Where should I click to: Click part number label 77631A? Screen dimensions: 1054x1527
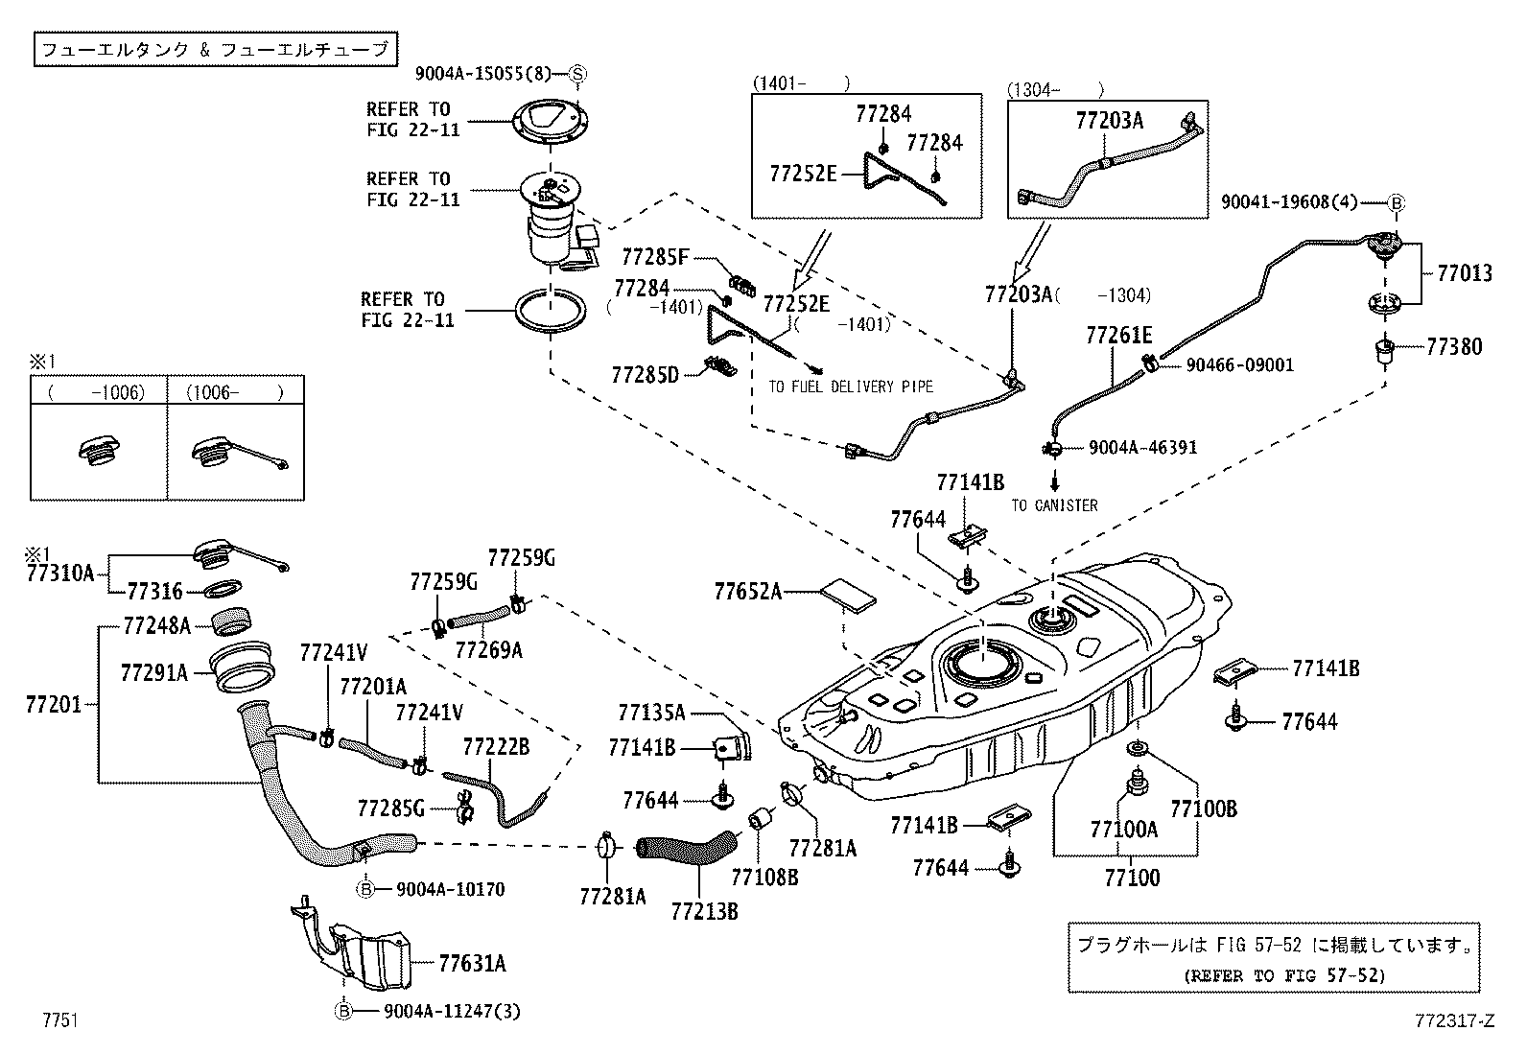point(472,963)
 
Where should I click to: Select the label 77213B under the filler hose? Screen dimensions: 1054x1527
point(704,910)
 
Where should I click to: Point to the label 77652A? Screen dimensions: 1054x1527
point(747,592)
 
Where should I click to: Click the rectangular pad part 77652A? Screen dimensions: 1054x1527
point(849,595)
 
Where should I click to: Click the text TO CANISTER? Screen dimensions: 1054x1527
point(1054,505)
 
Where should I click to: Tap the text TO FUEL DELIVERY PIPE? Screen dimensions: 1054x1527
point(850,386)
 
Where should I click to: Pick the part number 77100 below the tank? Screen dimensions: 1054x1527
point(1131,877)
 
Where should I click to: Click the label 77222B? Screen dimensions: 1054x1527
point(495,747)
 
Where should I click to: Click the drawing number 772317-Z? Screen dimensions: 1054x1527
point(1454,1021)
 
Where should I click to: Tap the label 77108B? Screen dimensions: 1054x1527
point(763,876)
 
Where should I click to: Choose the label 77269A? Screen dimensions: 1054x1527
point(488,650)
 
